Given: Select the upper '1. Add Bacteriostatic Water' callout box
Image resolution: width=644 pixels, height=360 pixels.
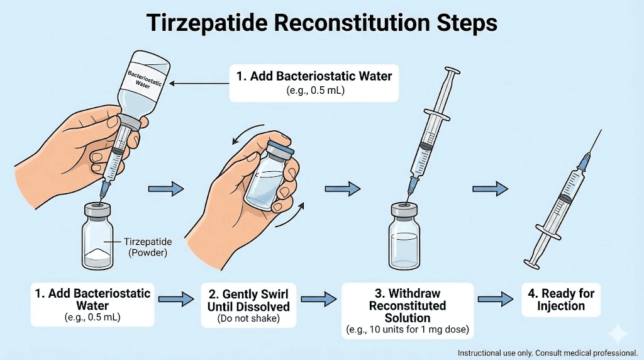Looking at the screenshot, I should [x=314, y=82].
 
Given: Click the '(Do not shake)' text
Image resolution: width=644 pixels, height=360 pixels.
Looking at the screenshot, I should [x=248, y=318].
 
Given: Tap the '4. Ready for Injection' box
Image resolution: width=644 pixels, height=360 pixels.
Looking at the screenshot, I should [x=561, y=299].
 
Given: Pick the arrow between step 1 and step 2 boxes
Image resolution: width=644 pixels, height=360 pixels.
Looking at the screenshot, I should [x=177, y=300].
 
